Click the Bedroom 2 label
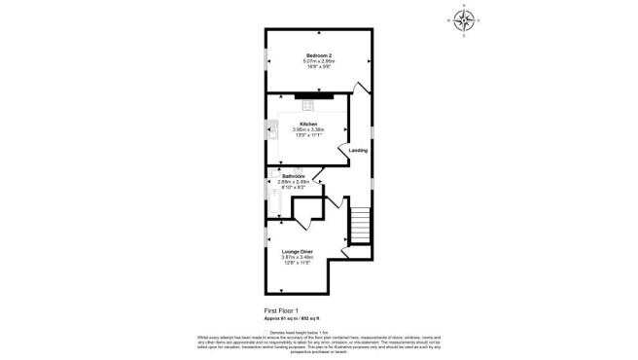point(319,54)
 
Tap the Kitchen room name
point(307,125)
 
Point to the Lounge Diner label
point(296,251)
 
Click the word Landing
point(358,150)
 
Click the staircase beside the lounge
point(361,227)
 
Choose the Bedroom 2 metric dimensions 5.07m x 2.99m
point(319,60)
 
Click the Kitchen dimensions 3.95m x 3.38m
point(307,130)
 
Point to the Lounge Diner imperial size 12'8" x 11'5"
point(296,263)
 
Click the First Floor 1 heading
point(283,309)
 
